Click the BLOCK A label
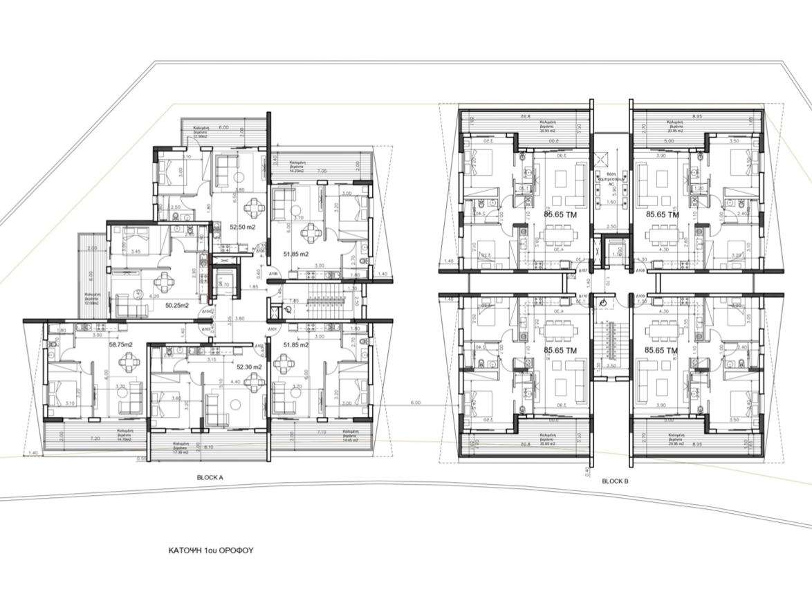(209, 477)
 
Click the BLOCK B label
(615, 481)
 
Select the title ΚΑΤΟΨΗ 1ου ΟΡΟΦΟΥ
(212, 551)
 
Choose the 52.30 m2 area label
(248, 367)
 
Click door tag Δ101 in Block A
(273, 329)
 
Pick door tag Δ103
(206, 330)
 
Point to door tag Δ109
(640, 295)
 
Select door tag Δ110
(584, 295)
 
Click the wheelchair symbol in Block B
(602, 302)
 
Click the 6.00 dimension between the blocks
(416, 403)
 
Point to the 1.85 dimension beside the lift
(253, 286)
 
